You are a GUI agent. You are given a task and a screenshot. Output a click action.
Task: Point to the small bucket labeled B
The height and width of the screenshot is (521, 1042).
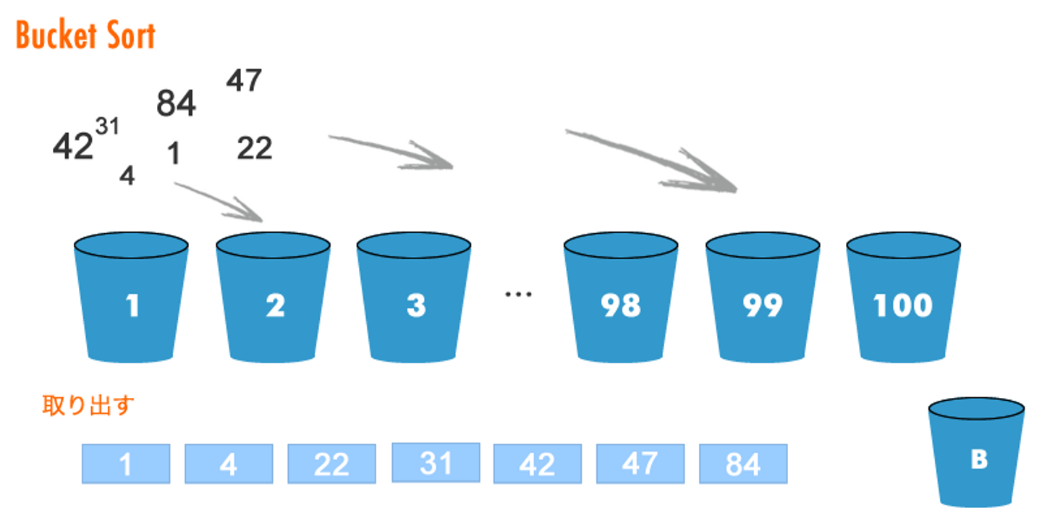tap(977, 456)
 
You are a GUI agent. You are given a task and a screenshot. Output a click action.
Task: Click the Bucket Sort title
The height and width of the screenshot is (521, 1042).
tap(85, 35)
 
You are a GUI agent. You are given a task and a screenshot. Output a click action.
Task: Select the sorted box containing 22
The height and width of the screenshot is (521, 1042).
tap(331, 464)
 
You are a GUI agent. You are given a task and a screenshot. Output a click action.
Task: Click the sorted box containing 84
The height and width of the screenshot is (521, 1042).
tap(743, 464)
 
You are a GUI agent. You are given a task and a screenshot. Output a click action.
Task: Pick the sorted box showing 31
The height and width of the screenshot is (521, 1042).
tap(436, 462)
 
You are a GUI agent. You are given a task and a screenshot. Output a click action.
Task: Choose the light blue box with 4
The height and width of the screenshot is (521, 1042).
tap(229, 464)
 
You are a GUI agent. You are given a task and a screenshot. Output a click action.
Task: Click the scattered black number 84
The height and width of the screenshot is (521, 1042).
tap(176, 104)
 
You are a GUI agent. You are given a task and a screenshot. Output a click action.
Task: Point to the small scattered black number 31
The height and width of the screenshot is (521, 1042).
tap(107, 126)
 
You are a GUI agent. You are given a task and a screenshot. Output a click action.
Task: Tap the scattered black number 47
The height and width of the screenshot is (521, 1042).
tap(243, 80)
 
